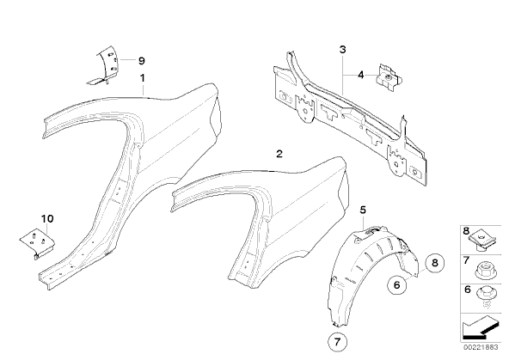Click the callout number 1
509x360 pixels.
(142, 78)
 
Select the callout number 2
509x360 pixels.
(279, 154)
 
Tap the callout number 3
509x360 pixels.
(342, 50)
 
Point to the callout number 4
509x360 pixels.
(360, 76)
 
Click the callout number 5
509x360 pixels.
(363, 210)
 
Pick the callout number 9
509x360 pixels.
(142, 61)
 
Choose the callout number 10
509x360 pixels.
(47, 218)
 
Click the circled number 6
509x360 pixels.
(396, 285)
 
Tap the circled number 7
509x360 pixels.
(337, 342)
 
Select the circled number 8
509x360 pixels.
(435, 263)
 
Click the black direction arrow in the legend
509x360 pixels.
(480, 327)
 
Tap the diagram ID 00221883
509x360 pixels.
(481, 347)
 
